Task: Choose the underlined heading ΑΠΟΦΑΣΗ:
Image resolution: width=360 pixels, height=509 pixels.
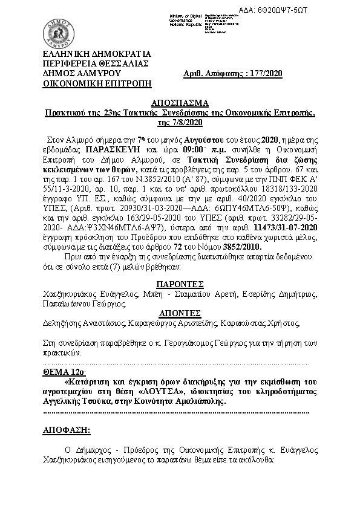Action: [x=66, y=430]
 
